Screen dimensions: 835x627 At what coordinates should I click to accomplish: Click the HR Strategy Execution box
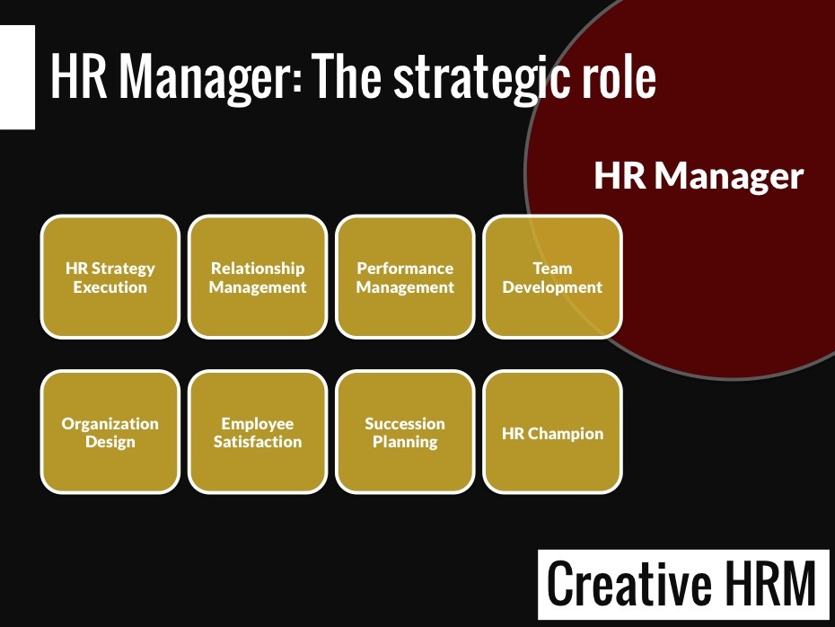click(x=110, y=277)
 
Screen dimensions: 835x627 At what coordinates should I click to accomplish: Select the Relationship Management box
click(x=258, y=277)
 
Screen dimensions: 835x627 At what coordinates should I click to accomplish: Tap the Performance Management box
click(x=405, y=277)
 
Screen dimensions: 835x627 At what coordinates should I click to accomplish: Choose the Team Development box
click(x=553, y=277)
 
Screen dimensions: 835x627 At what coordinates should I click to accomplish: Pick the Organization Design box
click(x=110, y=432)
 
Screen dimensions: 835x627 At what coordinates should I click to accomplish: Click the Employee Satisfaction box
click(x=258, y=432)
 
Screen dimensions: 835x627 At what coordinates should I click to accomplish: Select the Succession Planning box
click(x=405, y=432)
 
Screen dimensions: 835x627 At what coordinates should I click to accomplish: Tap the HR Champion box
click(x=553, y=432)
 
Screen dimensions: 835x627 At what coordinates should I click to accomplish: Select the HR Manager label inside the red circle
click(x=699, y=176)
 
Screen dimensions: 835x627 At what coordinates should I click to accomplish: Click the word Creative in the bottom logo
click(x=628, y=583)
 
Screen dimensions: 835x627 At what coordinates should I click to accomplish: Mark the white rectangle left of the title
click(x=18, y=77)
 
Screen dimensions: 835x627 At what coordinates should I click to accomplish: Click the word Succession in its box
click(x=405, y=423)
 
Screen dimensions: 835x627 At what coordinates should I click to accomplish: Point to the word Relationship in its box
click(x=258, y=268)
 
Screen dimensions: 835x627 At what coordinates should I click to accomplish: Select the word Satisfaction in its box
click(x=258, y=442)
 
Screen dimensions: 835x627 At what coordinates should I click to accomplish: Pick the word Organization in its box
click(x=110, y=424)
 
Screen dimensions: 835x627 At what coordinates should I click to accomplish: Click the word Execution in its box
click(x=110, y=287)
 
